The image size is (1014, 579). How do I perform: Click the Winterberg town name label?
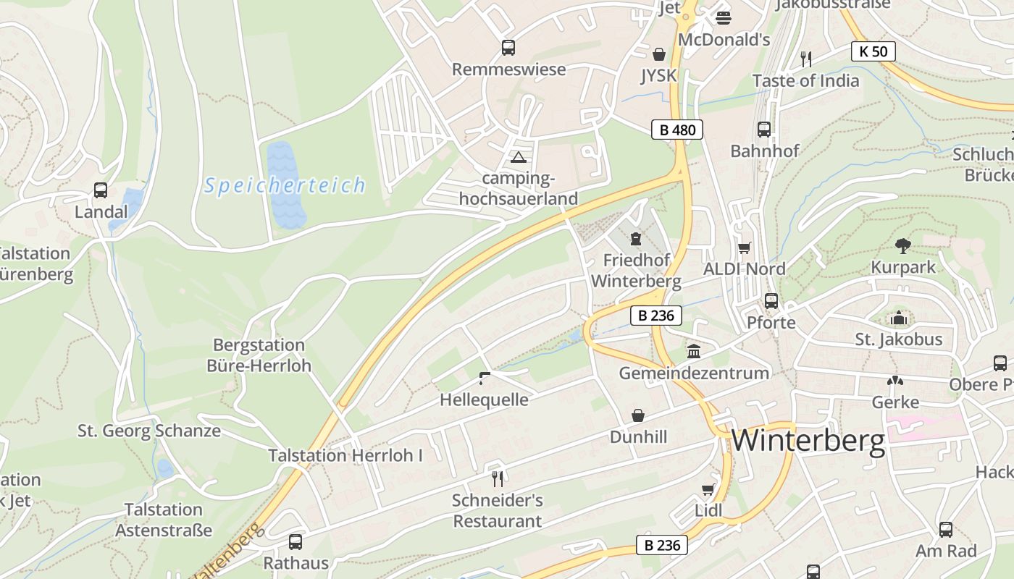click(x=808, y=441)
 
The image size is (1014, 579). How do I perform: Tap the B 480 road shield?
click(x=677, y=130)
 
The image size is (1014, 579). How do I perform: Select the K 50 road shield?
click(x=873, y=51)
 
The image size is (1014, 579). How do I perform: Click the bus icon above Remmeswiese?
click(x=508, y=48)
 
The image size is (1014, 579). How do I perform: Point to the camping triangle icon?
click(x=517, y=157)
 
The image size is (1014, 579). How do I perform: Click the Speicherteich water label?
click(x=285, y=185)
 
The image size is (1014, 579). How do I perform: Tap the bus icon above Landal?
click(x=101, y=190)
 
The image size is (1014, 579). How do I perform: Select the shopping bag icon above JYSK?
click(x=659, y=54)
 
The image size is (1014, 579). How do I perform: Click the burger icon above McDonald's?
click(x=723, y=17)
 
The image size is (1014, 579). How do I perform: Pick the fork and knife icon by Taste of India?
click(x=805, y=59)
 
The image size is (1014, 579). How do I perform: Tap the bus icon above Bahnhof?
click(x=764, y=130)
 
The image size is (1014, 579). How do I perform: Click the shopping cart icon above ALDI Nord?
click(x=745, y=248)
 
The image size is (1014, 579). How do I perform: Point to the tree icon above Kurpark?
click(x=902, y=245)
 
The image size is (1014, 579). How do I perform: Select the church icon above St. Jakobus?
click(x=898, y=318)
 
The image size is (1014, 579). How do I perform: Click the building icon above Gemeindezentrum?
click(x=694, y=352)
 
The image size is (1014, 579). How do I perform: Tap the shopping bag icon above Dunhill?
click(x=638, y=415)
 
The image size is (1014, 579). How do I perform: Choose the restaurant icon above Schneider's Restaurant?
click(x=497, y=478)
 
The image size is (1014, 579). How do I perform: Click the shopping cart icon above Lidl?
click(x=708, y=490)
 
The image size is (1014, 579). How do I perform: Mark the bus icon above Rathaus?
click(x=296, y=541)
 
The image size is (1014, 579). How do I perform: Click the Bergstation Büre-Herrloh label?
click(x=259, y=355)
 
